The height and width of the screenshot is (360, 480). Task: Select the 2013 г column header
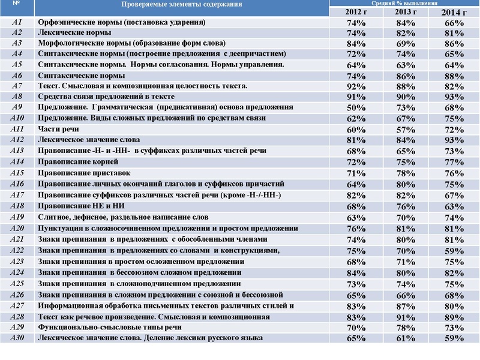coord(405,11)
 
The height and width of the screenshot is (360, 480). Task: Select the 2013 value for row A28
coord(406,316)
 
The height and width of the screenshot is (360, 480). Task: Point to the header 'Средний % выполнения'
coord(405,3)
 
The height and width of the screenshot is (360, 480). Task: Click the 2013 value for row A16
coord(406,184)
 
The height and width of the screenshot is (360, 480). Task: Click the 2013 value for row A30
coord(406,338)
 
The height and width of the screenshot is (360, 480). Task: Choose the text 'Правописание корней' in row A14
coord(78,162)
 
